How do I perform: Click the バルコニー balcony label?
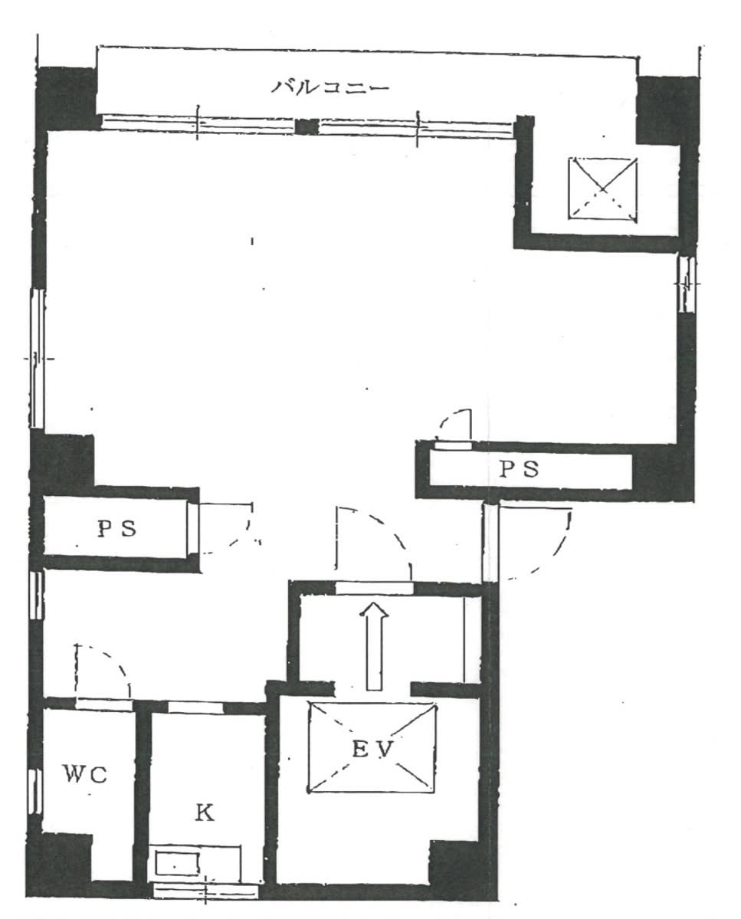pos(330,88)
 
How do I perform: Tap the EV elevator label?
pos(372,748)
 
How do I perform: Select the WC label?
pos(85,775)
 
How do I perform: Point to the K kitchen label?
pos(204,812)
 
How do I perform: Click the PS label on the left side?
pos(116,529)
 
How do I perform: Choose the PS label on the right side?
pos(519,469)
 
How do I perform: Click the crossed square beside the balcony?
pos(603,189)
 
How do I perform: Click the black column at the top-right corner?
pos(667,110)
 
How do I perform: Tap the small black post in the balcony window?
pos(307,126)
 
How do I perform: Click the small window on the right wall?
pos(686,285)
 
